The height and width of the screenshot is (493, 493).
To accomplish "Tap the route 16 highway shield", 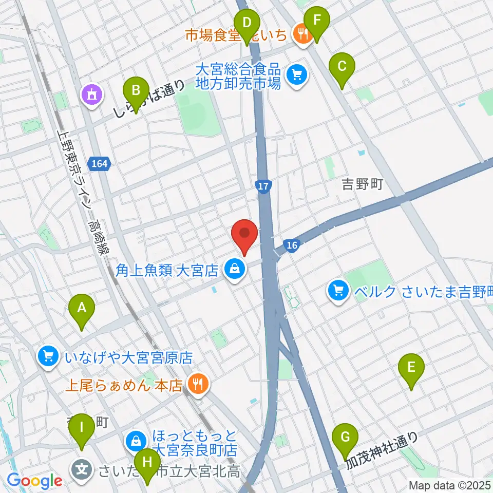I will tap(292, 245).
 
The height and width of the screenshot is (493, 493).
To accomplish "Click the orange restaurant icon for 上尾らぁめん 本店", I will tap(198, 383).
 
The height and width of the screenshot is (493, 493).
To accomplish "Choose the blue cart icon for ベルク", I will tap(338, 292).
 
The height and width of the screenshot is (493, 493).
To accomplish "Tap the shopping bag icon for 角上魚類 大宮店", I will tap(234, 269).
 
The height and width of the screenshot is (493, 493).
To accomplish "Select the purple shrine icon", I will tap(92, 94).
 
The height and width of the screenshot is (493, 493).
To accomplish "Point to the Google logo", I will tap(34, 481).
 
